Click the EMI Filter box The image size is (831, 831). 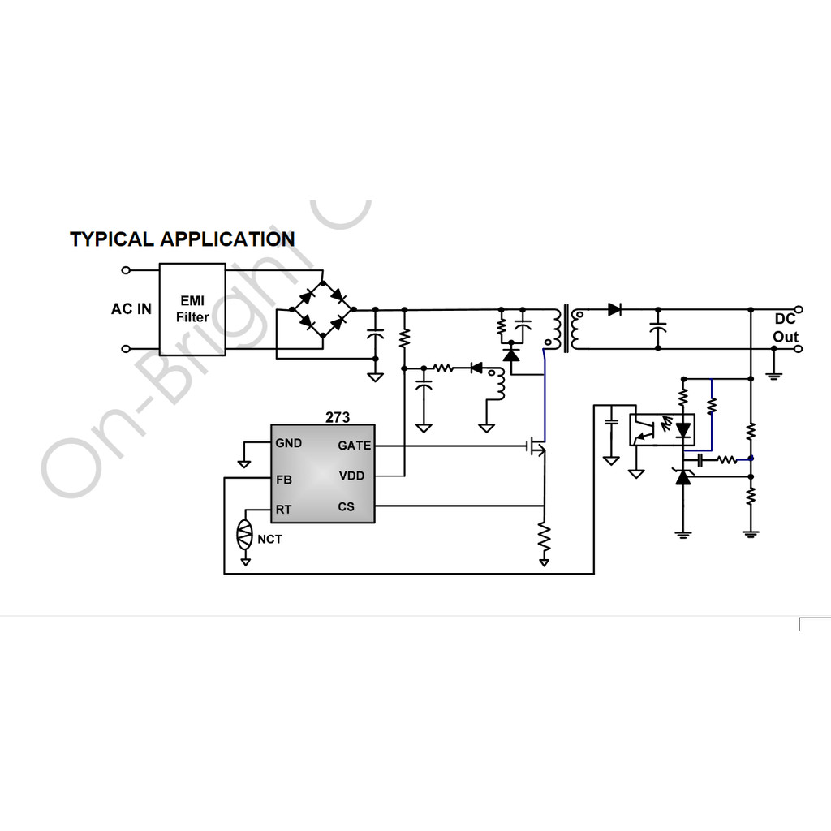(192, 309)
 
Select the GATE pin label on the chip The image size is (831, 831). (354, 446)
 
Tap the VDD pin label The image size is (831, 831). (351, 476)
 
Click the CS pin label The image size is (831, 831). (346, 506)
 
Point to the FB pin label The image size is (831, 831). (284, 480)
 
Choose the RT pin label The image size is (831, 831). (283, 510)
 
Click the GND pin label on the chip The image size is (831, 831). (289, 443)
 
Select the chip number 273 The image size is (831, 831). (338, 417)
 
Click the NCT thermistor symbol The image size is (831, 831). (245, 534)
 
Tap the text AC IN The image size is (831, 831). (131, 309)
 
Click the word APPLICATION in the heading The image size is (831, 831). (228, 239)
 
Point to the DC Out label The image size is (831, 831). (786, 328)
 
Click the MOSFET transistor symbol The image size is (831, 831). (537, 446)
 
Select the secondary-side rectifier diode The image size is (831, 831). (614, 309)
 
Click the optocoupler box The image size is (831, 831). (662, 430)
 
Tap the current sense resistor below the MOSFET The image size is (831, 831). (544, 538)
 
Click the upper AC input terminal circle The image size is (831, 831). (126, 270)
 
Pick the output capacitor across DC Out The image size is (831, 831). (657, 329)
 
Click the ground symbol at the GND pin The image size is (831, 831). (243, 464)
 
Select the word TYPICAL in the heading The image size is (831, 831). (112, 239)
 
